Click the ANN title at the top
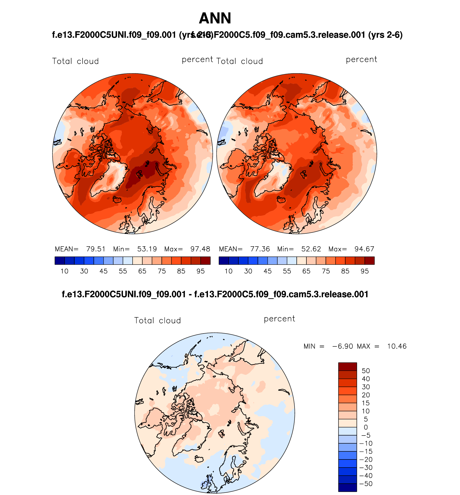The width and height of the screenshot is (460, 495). point(215,18)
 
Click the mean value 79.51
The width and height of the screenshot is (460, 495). point(96,249)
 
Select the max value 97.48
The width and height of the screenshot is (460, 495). point(200,249)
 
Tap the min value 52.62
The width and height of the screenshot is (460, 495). point(311,249)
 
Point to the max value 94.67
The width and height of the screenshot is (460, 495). point(364,249)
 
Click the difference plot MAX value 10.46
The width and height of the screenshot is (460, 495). point(397,346)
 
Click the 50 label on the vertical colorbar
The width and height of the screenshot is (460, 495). point(366,371)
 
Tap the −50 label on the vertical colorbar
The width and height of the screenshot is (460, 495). point(366,484)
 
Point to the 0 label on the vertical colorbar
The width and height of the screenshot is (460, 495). point(366,427)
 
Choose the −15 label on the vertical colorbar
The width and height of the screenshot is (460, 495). point(366,451)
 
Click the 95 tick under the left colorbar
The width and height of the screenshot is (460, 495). point(200,271)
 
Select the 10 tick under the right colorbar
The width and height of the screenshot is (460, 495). point(229,271)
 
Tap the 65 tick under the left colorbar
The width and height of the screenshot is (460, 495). point(142,271)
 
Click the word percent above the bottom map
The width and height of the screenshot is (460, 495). point(279,319)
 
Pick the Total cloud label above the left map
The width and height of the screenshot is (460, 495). point(75,61)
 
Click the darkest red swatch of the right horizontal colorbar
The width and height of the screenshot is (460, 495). point(369,261)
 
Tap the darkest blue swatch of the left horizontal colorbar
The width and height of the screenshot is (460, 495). point(60,261)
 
